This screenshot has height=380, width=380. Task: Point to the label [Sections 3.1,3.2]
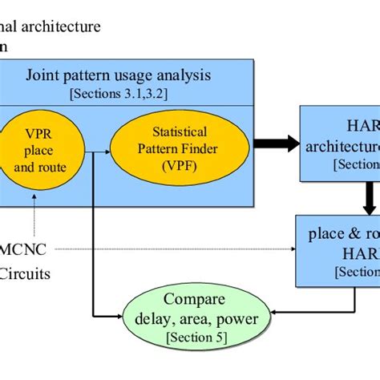(129, 95)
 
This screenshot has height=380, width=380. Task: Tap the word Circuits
(25, 273)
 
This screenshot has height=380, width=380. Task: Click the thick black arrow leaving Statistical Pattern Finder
(273, 144)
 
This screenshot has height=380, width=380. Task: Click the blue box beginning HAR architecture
(340, 144)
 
